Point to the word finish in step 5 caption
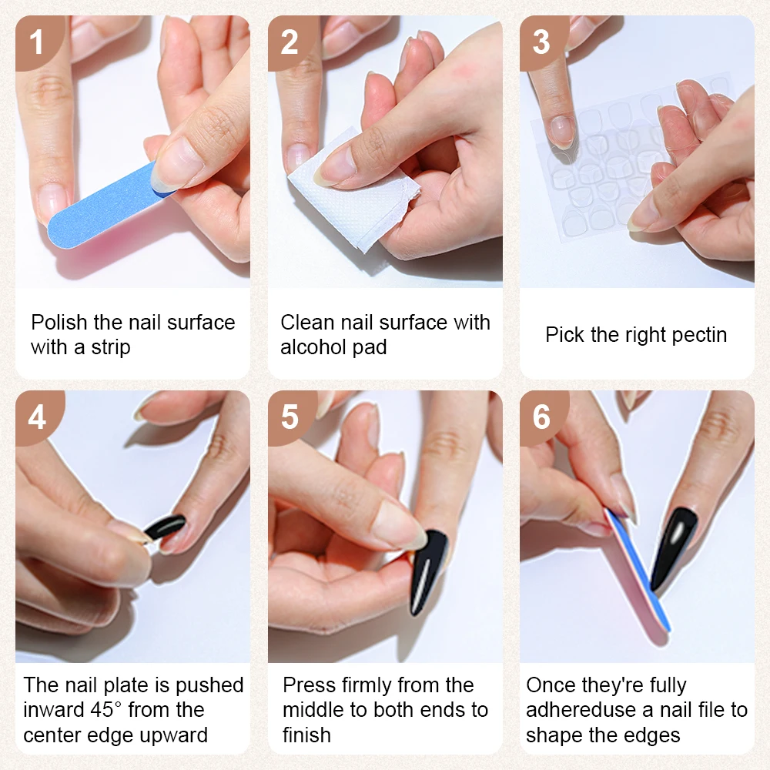[306, 735]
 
